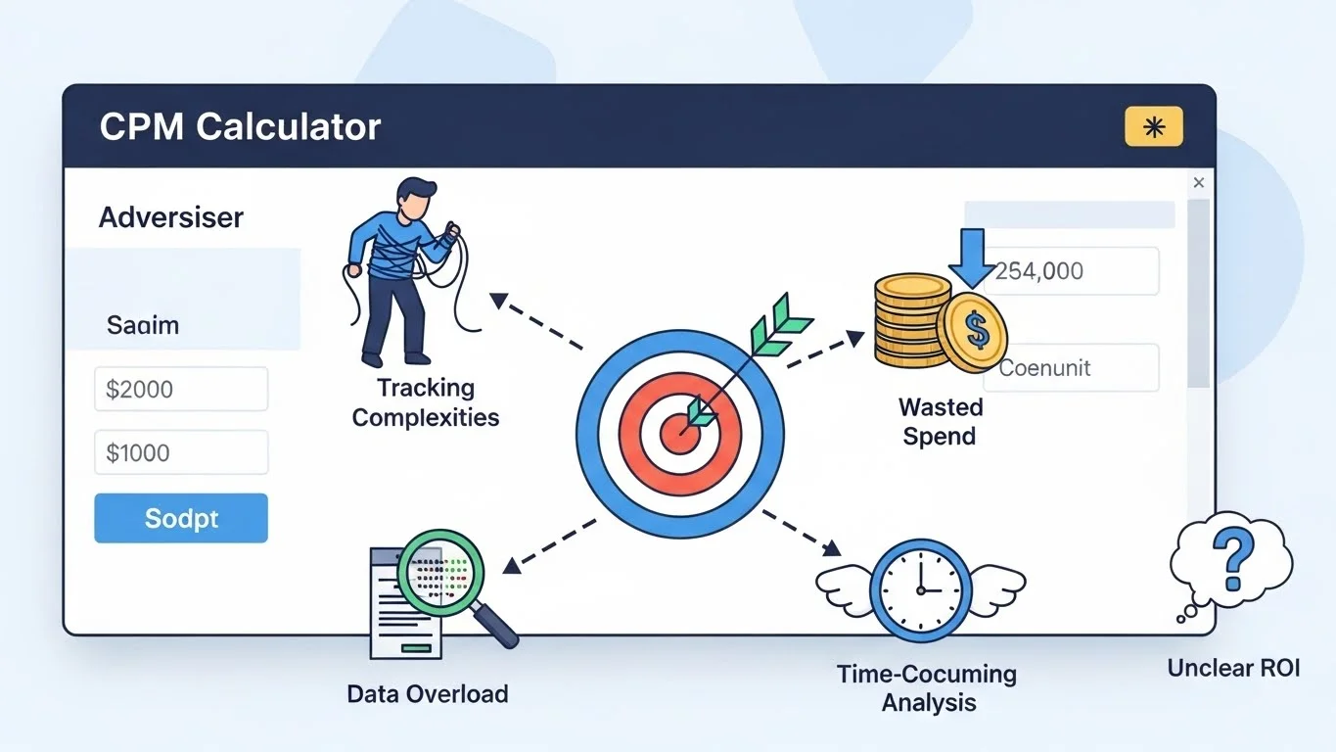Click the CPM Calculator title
[x=240, y=127]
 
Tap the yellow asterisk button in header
[x=1154, y=127]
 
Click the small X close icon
[x=1199, y=183]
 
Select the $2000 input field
[x=181, y=389]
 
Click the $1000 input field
[x=181, y=452]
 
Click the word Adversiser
[x=171, y=217]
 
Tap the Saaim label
[x=143, y=325]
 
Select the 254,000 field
[x=1075, y=271]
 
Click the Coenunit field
[x=1075, y=368]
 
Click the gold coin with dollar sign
[x=973, y=331]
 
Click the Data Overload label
[x=428, y=694]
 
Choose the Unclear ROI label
[x=1233, y=669]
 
